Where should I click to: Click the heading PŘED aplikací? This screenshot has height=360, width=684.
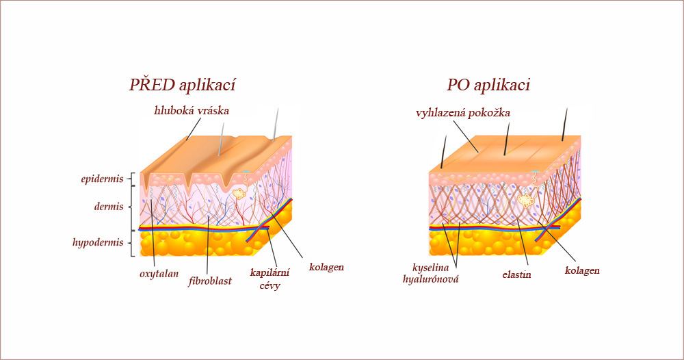(x=182, y=85)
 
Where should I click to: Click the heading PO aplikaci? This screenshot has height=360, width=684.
(x=488, y=85)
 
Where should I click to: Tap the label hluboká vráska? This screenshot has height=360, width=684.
(x=192, y=110)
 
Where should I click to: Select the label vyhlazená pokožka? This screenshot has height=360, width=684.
(x=463, y=114)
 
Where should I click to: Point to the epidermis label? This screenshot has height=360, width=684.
(x=102, y=179)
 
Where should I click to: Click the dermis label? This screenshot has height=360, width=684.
(x=109, y=207)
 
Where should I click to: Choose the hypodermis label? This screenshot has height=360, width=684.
(x=98, y=242)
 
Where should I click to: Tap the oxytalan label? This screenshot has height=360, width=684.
(x=159, y=274)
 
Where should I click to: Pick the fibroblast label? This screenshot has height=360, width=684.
(x=210, y=281)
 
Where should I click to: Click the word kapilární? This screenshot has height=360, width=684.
(x=269, y=273)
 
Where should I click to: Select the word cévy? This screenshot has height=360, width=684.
(x=269, y=286)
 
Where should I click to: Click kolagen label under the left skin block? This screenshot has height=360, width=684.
(x=326, y=267)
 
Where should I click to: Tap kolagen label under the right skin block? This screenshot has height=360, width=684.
(x=582, y=270)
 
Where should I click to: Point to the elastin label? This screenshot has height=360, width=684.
(x=516, y=275)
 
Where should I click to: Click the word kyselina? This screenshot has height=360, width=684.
(x=430, y=268)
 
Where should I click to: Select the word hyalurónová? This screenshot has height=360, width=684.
(x=430, y=279)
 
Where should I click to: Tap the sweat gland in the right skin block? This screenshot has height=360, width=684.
(x=526, y=201)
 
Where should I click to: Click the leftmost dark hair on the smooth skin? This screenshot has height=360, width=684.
(x=444, y=152)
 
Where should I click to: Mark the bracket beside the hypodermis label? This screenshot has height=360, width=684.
(x=132, y=243)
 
